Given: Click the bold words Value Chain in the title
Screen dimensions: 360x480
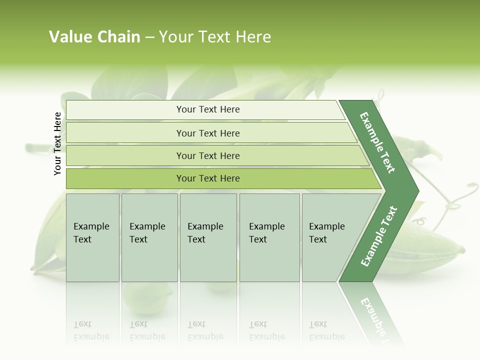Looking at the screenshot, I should click(94, 37).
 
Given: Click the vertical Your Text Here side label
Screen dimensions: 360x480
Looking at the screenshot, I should click(57, 143).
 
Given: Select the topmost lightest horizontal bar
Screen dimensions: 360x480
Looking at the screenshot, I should click(125, 110).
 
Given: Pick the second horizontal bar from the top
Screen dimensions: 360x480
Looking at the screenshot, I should click(125, 133).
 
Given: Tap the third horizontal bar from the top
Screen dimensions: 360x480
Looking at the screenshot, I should click(125, 155).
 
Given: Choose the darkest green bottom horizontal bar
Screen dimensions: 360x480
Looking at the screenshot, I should click(125, 178).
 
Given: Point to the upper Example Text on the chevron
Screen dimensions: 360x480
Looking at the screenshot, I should click(377, 142).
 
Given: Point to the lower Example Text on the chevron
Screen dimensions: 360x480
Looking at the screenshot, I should click(379, 236).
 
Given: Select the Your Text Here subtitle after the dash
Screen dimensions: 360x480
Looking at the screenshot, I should click(215, 37).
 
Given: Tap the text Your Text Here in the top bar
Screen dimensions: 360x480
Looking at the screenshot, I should click(208, 109).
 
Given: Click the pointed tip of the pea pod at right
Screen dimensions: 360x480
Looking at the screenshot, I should click(462, 250).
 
